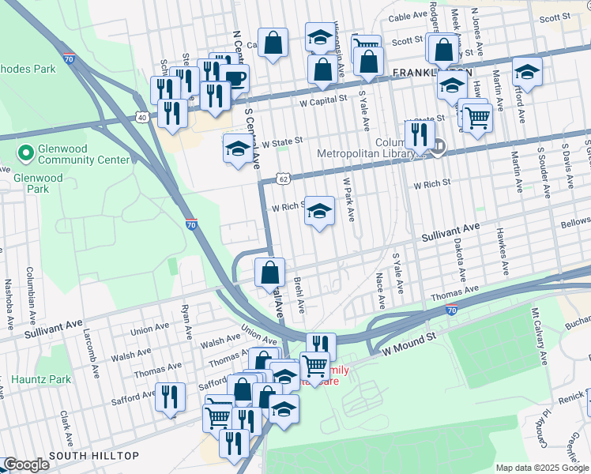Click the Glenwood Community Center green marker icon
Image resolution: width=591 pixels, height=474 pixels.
(x=25, y=150)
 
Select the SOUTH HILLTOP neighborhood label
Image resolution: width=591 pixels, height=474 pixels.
(x=93, y=456)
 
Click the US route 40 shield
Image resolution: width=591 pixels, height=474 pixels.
(x=142, y=117)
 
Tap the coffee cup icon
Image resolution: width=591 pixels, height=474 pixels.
(x=235, y=78)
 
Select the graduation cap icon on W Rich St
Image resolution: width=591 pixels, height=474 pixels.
(x=318, y=211)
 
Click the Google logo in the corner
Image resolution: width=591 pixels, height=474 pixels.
(x=26, y=464)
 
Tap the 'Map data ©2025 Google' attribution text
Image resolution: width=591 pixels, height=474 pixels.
(x=541, y=468)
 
